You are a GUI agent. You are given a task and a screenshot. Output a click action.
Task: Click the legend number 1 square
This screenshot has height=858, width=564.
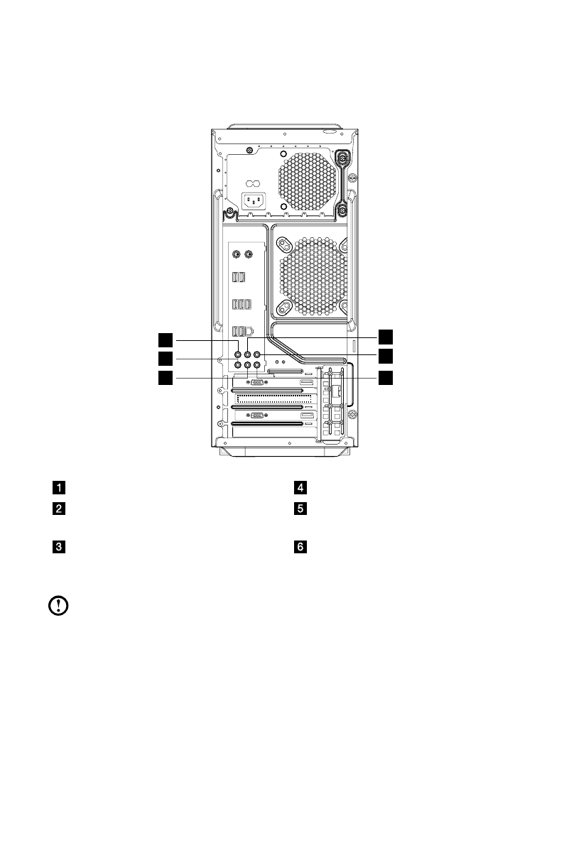[x=57, y=488]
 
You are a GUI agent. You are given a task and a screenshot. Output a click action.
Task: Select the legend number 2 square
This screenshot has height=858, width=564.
[x=57, y=509]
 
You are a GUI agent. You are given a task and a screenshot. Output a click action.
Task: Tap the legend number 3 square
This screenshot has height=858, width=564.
[x=57, y=548]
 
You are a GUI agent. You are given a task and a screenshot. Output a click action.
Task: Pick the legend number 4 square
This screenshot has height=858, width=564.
[x=301, y=488]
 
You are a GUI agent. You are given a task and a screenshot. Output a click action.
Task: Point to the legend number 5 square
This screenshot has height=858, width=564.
[x=301, y=509]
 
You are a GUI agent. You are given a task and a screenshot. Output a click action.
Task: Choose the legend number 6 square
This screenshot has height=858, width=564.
[x=301, y=548]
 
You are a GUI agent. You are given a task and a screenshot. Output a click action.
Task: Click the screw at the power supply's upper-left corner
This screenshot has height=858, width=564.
[x=251, y=150]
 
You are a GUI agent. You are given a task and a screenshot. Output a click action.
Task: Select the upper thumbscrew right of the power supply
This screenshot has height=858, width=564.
[x=344, y=158]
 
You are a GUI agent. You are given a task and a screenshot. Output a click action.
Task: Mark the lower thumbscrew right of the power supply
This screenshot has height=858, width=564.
[x=343, y=210]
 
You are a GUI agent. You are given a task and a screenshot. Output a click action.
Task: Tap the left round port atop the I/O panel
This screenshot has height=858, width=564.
[x=234, y=254]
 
